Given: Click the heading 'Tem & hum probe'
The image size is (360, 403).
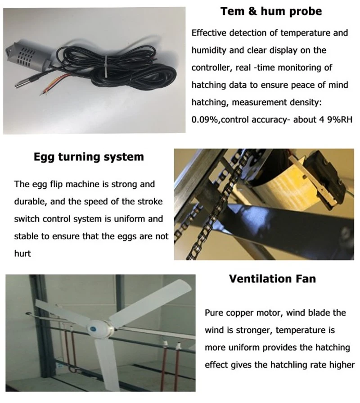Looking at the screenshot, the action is tap(271, 11).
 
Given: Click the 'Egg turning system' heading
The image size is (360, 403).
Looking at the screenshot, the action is tap(89, 157).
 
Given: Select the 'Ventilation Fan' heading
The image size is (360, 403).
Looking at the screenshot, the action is tap(272, 279).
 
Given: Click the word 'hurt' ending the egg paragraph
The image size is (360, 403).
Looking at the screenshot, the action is tap(22, 254).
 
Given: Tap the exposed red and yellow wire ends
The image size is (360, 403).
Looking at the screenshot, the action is tap(53, 85).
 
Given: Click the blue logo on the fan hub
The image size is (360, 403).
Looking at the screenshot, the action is tap(92, 328).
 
